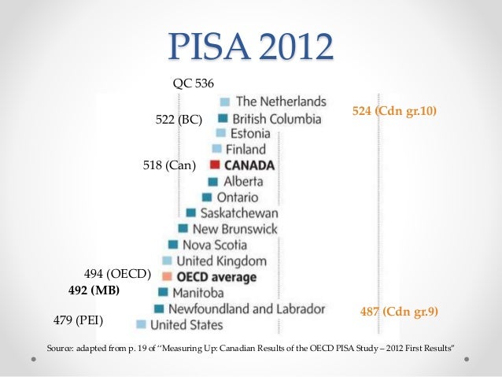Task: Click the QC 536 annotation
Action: [x=193, y=83]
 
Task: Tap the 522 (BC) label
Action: [x=179, y=120]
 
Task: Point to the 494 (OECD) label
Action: [x=116, y=274]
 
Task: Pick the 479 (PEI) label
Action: [x=78, y=321]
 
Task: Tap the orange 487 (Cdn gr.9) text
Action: [x=399, y=311]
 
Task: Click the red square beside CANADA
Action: [x=214, y=165]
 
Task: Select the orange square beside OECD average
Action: [x=167, y=277]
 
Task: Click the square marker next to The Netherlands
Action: [x=224, y=102]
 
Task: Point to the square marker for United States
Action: [x=140, y=324]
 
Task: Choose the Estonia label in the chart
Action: [x=250, y=134]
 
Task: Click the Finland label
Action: [x=245, y=150]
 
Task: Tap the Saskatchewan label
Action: [x=238, y=213]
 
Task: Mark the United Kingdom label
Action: [x=221, y=261]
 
